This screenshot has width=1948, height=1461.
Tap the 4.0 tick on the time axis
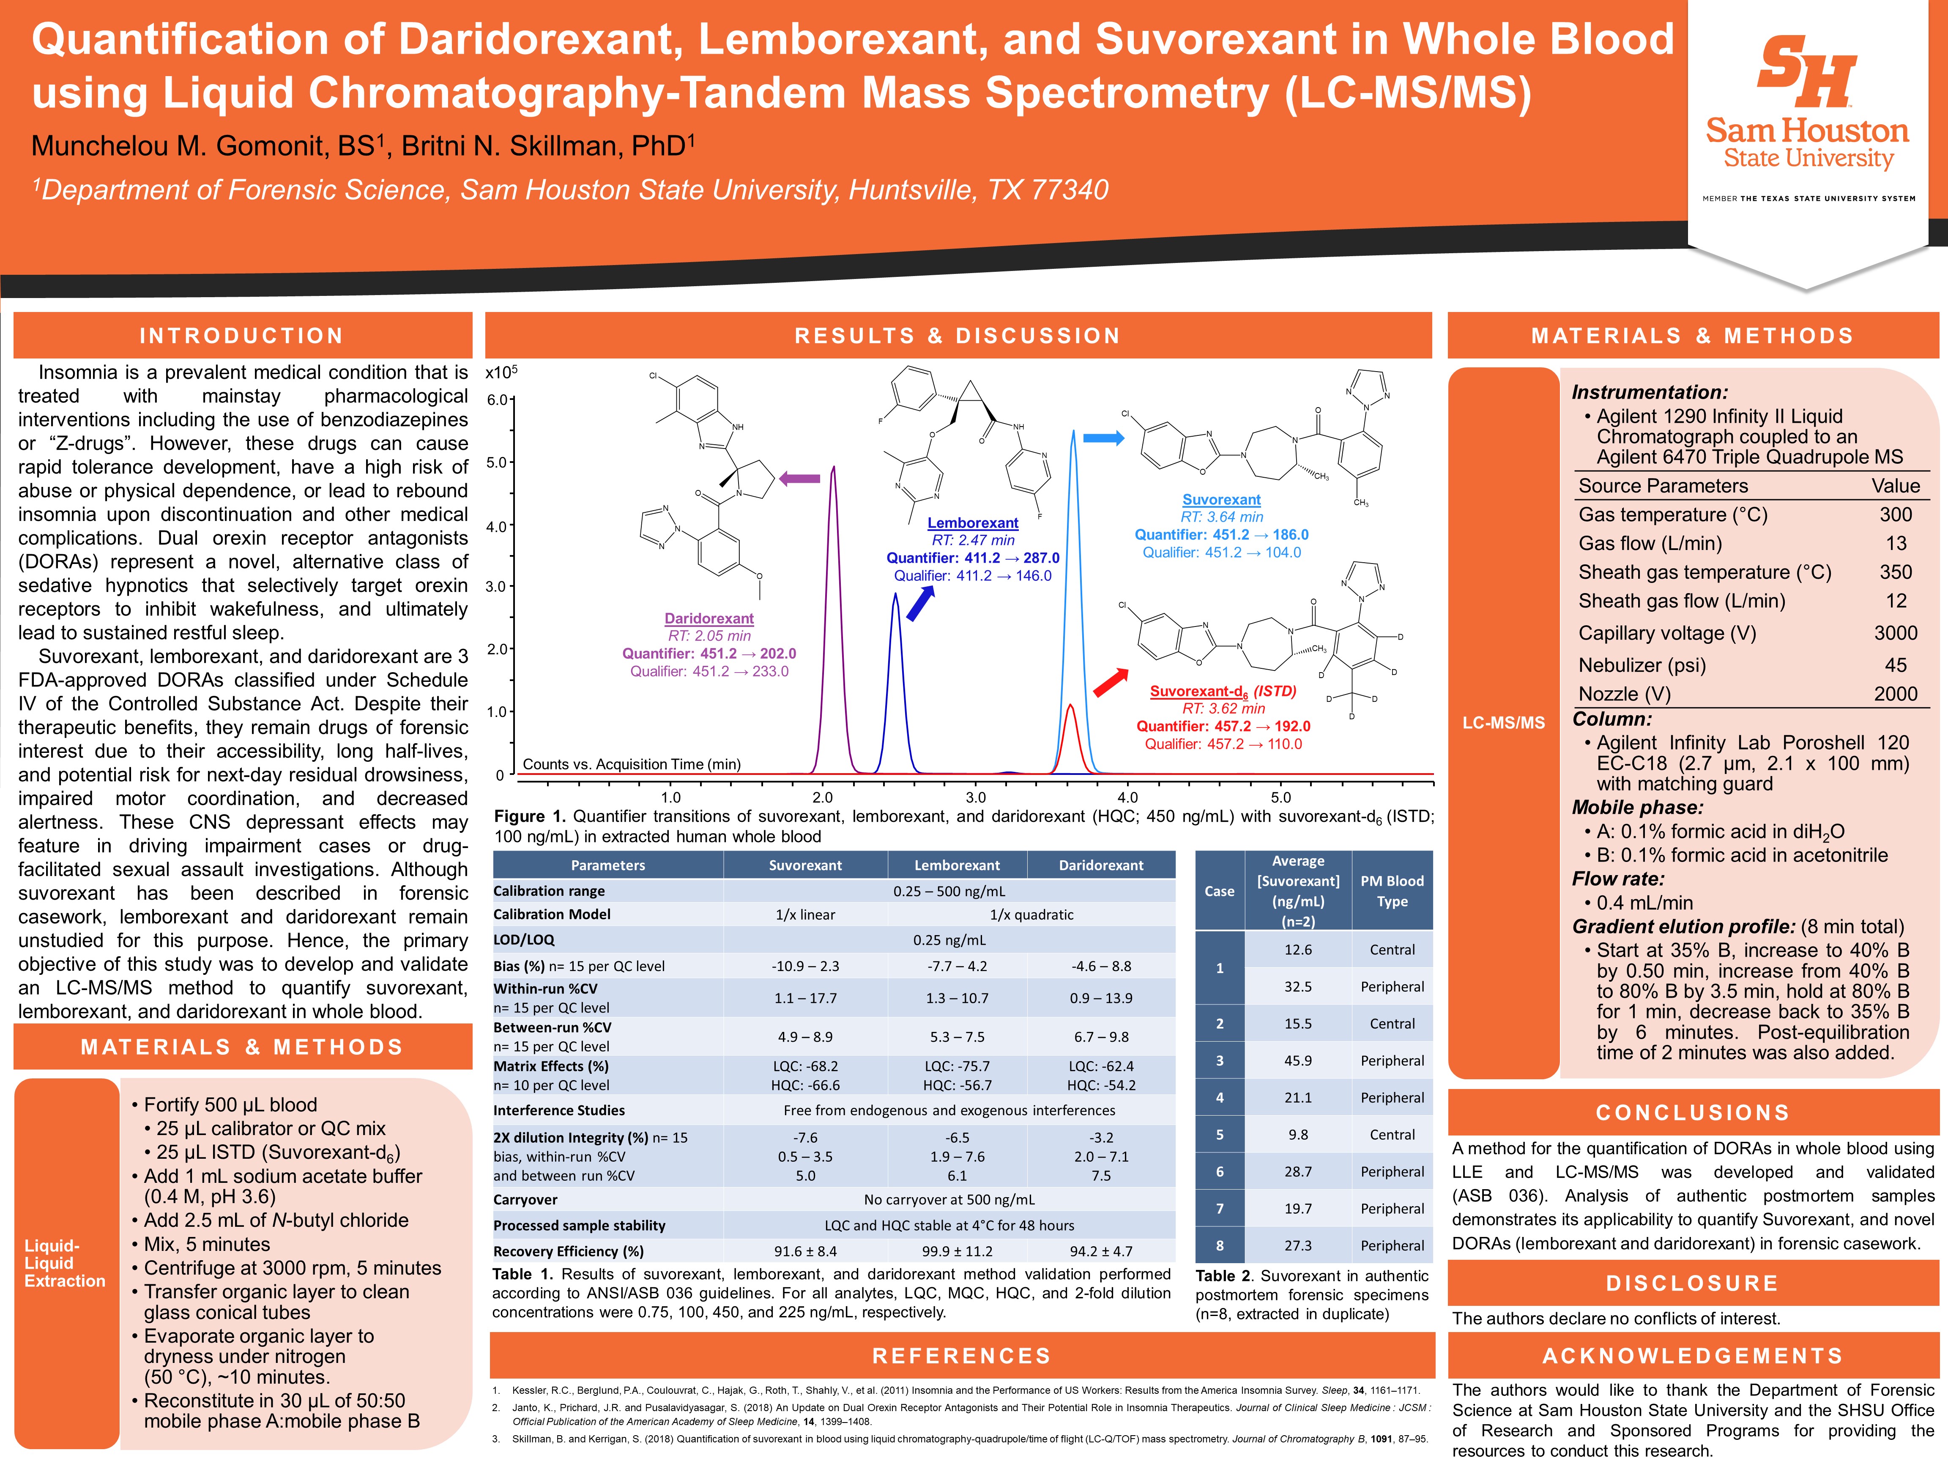tap(1128, 797)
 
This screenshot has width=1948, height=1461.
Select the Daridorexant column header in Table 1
tap(1101, 865)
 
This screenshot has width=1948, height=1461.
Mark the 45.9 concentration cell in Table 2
tap(1297, 1060)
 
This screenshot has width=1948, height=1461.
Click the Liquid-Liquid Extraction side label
tap(65, 1263)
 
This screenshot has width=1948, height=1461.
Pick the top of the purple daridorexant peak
tap(833, 468)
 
